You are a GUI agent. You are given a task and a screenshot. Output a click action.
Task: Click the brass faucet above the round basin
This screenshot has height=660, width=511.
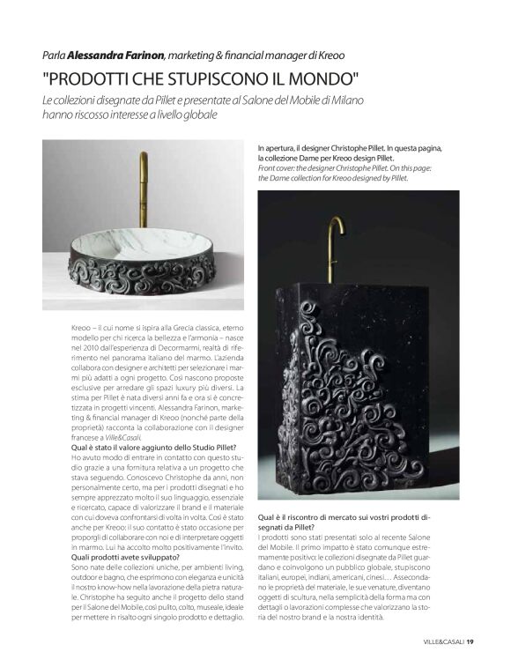[144, 189]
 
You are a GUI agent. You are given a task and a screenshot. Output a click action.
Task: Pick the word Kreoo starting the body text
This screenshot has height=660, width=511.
[82, 327]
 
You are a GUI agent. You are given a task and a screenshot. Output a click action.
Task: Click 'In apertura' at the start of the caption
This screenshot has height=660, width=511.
[278, 149]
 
